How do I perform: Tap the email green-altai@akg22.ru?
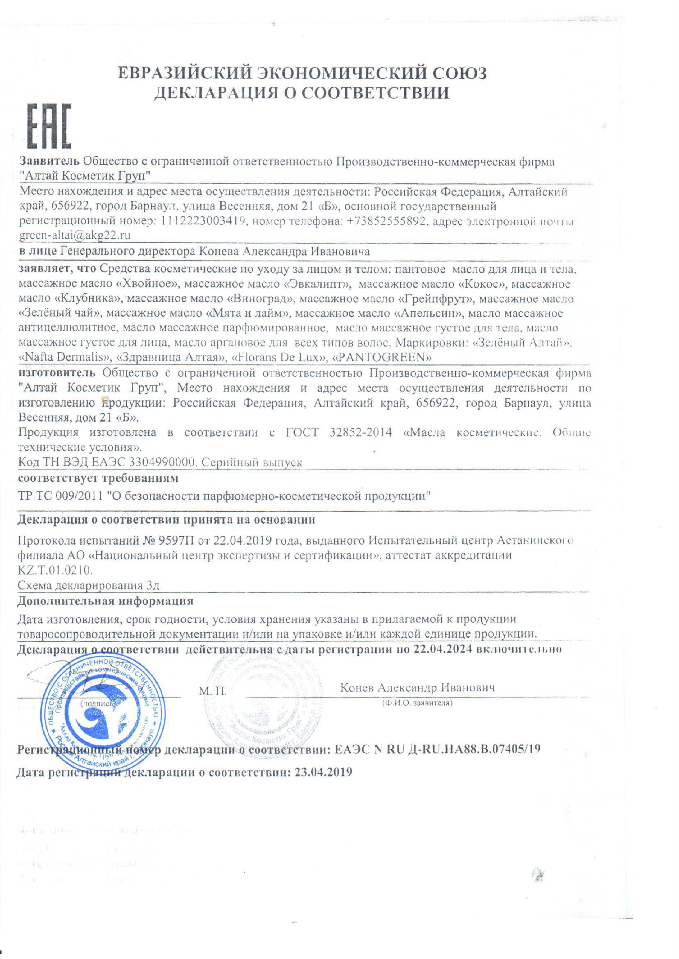pyautogui.click(x=75, y=235)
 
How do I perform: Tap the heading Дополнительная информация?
pyautogui.click(x=105, y=601)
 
